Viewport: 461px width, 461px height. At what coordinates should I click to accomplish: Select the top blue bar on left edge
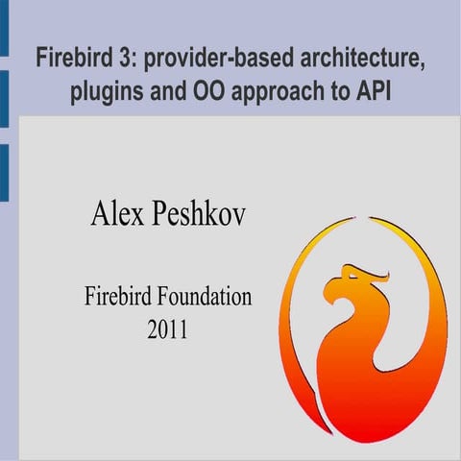[4, 29]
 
